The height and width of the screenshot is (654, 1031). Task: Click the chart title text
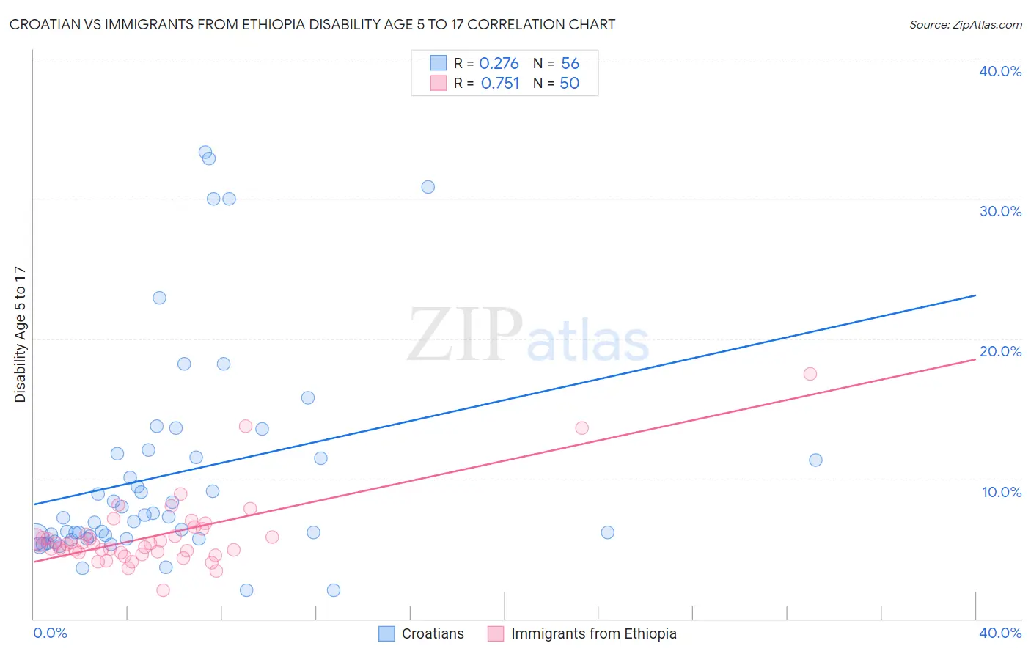pyautogui.click(x=312, y=24)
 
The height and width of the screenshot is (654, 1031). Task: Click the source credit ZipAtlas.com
pyautogui.click(x=965, y=24)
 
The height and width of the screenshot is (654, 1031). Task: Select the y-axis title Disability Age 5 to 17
pyautogui.click(x=20, y=334)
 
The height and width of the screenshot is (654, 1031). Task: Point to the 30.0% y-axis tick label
pyautogui.click(x=1000, y=211)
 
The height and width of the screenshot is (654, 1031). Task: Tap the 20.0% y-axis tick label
pyautogui.click(x=1000, y=351)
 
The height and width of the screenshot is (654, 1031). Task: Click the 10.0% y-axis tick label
pyautogui.click(x=1002, y=492)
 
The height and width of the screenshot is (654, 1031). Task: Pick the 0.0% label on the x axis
pyautogui.click(x=50, y=633)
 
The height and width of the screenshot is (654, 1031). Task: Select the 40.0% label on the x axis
pyautogui.click(x=1000, y=633)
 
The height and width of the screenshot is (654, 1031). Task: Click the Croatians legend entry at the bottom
pyautogui.click(x=422, y=633)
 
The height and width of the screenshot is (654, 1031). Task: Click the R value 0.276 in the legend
pyautogui.click(x=499, y=64)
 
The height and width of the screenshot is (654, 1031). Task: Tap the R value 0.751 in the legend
pyautogui.click(x=500, y=84)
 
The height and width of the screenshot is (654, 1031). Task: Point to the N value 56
pyautogui.click(x=570, y=64)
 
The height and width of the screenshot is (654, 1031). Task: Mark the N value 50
pyautogui.click(x=570, y=84)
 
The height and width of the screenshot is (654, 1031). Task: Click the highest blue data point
pyautogui.click(x=205, y=153)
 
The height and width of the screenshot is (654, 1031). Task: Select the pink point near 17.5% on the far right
pyautogui.click(x=810, y=374)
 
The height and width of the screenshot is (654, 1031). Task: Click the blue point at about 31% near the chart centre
pyautogui.click(x=428, y=187)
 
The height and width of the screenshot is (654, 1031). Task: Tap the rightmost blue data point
pyautogui.click(x=815, y=460)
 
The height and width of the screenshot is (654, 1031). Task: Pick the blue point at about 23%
pyautogui.click(x=159, y=298)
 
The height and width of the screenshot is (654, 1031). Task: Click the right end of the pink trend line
pyautogui.click(x=975, y=359)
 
